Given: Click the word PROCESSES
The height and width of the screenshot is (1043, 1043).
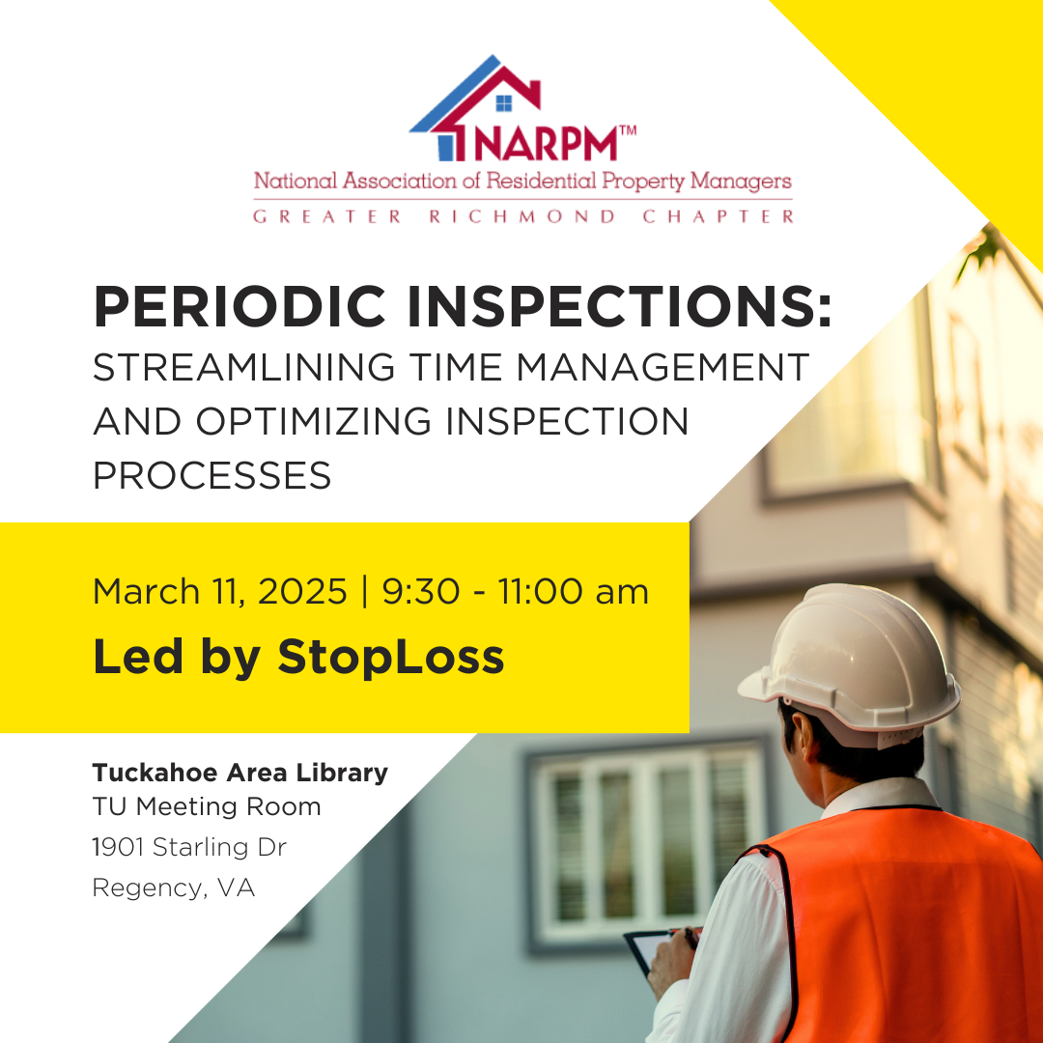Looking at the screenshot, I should [211, 476].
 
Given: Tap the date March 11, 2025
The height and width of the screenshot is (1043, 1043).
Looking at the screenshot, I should [219, 591].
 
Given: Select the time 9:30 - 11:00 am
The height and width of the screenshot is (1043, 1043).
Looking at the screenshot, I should [516, 591].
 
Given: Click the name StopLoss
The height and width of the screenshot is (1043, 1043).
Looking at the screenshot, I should [390, 657].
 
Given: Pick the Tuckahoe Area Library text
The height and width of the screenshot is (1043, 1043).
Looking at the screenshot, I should [240, 773].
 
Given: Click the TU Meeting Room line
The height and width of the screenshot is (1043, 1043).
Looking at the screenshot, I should [206, 805].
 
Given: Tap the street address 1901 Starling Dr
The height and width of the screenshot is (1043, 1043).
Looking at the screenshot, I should [189, 847].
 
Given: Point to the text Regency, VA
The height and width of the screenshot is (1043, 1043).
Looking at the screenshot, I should [174, 888].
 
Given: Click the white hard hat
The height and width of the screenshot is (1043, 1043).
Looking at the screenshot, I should [850, 662].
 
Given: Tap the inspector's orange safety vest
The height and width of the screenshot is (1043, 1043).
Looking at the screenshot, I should [898, 927].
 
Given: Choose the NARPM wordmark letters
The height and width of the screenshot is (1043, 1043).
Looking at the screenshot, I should [545, 142].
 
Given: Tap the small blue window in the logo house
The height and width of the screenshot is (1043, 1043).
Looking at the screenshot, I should [503, 102].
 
